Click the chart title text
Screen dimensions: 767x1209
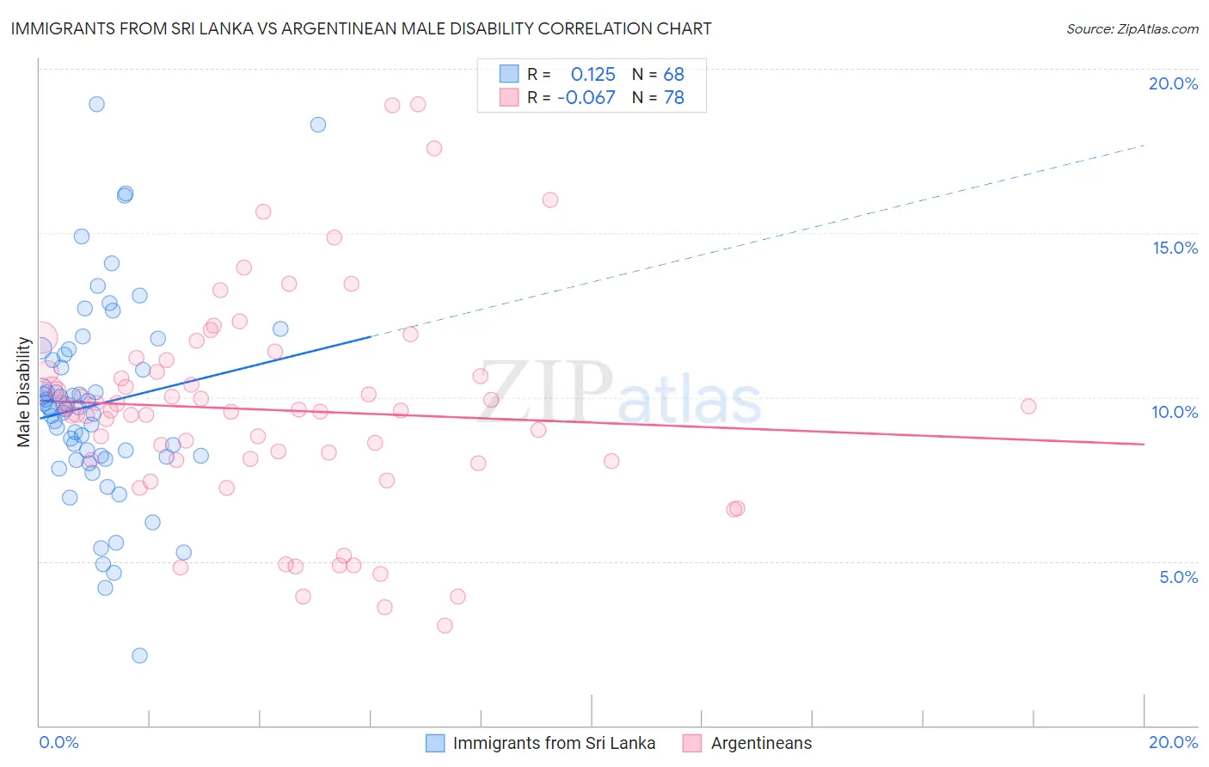click(x=361, y=28)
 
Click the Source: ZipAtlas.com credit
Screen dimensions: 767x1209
click(x=1132, y=29)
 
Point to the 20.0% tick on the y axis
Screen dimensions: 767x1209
click(x=1173, y=83)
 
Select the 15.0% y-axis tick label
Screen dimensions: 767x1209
click(x=1175, y=248)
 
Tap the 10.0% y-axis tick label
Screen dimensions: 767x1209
click(x=1175, y=412)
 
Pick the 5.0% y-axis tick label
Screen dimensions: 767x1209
click(x=1178, y=577)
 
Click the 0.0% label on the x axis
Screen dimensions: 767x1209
click(x=58, y=742)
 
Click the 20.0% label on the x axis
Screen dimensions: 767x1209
click(x=1173, y=742)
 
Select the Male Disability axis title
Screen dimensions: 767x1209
click(x=24, y=392)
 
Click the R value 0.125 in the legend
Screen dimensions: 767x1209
click(x=592, y=74)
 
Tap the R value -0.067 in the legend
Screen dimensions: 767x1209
click(x=586, y=98)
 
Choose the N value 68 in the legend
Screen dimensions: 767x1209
click(x=673, y=74)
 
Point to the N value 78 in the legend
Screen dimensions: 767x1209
click(x=673, y=98)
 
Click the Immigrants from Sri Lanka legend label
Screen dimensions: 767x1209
click(x=554, y=743)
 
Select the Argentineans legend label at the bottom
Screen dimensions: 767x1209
click(x=761, y=743)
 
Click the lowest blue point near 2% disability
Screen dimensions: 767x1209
click(x=139, y=655)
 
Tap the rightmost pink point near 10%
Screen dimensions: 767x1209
click(x=1028, y=406)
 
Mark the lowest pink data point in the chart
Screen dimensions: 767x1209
click(x=445, y=625)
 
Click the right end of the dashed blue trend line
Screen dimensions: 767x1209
click(x=1144, y=145)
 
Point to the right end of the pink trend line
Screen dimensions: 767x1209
click(x=1144, y=444)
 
